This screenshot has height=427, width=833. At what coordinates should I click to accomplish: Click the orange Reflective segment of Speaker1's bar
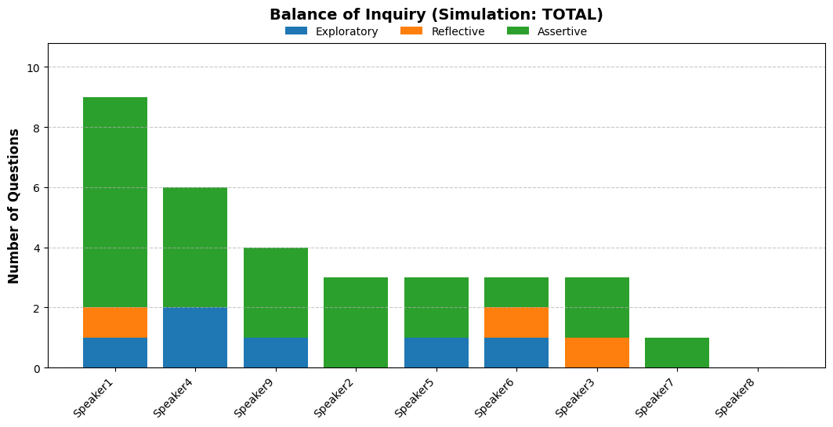tap(115, 322)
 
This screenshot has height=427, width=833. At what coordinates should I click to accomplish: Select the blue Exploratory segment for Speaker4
tap(195, 338)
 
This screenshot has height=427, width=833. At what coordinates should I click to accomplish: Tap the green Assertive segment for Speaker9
tap(276, 293)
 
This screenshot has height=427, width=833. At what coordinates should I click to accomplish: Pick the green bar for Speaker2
tap(356, 322)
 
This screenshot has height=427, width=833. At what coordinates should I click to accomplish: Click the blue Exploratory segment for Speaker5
tap(436, 353)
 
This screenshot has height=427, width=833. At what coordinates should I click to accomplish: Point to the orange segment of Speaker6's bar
tap(516, 322)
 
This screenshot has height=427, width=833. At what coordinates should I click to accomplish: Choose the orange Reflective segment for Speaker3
tap(597, 353)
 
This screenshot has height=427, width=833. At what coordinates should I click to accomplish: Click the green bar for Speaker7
tap(677, 353)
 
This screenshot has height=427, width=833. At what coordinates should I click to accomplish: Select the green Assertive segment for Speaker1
tap(115, 202)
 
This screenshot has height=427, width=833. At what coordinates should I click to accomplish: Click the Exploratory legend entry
tap(331, 31)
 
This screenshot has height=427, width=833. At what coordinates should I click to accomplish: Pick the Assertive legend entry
tap(547, 31)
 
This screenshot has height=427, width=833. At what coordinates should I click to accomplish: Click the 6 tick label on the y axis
tap(37, 188)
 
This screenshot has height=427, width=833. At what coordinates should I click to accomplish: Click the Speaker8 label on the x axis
tap(737, 398)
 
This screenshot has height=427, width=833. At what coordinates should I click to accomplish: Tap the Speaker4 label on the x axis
tap(175, 398)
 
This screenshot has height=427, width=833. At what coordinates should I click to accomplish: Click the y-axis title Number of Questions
tap(14, 206)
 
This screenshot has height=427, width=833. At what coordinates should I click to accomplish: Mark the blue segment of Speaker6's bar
tap(516, 353)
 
